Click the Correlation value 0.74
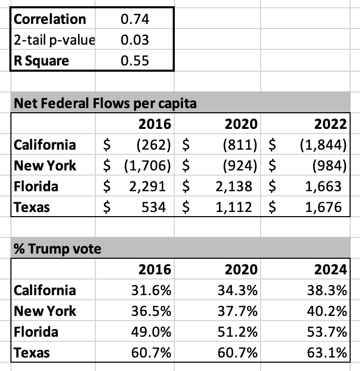coord(135,19)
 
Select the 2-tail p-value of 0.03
coord(135,39)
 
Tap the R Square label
coord(42,61)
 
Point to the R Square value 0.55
coord(135,61)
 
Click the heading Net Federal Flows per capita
coord(105,103)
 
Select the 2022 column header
coord(330,124)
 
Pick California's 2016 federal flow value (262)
coord(153,145)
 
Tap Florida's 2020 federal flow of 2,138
coord(234,187)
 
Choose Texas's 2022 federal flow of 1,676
coord(323,207)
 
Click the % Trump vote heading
coord(58,249)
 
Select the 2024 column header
coord(330,270)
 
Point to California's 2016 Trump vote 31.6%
coord(151,290)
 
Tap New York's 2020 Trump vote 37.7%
coord(237,311)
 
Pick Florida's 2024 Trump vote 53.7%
coord(327,332)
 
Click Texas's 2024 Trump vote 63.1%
coord(327,353)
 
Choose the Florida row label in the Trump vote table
coord(36,332)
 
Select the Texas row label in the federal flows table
coord(32,207)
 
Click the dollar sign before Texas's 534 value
coord(107,207)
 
